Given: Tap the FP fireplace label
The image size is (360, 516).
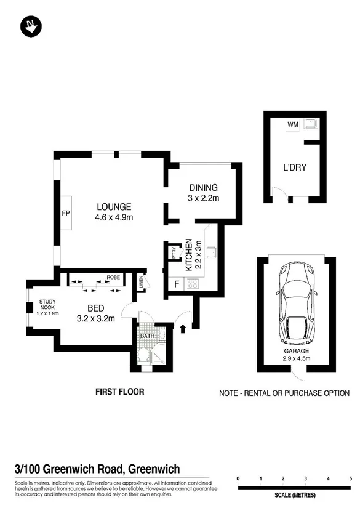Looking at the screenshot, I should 65,213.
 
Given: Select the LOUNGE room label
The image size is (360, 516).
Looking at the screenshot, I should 113,207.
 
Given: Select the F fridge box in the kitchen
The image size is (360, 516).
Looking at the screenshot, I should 177,284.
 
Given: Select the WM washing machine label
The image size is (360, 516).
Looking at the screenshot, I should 292,124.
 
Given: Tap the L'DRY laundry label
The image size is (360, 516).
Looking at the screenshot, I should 295,167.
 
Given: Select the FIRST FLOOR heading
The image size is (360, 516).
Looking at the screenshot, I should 119,392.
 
